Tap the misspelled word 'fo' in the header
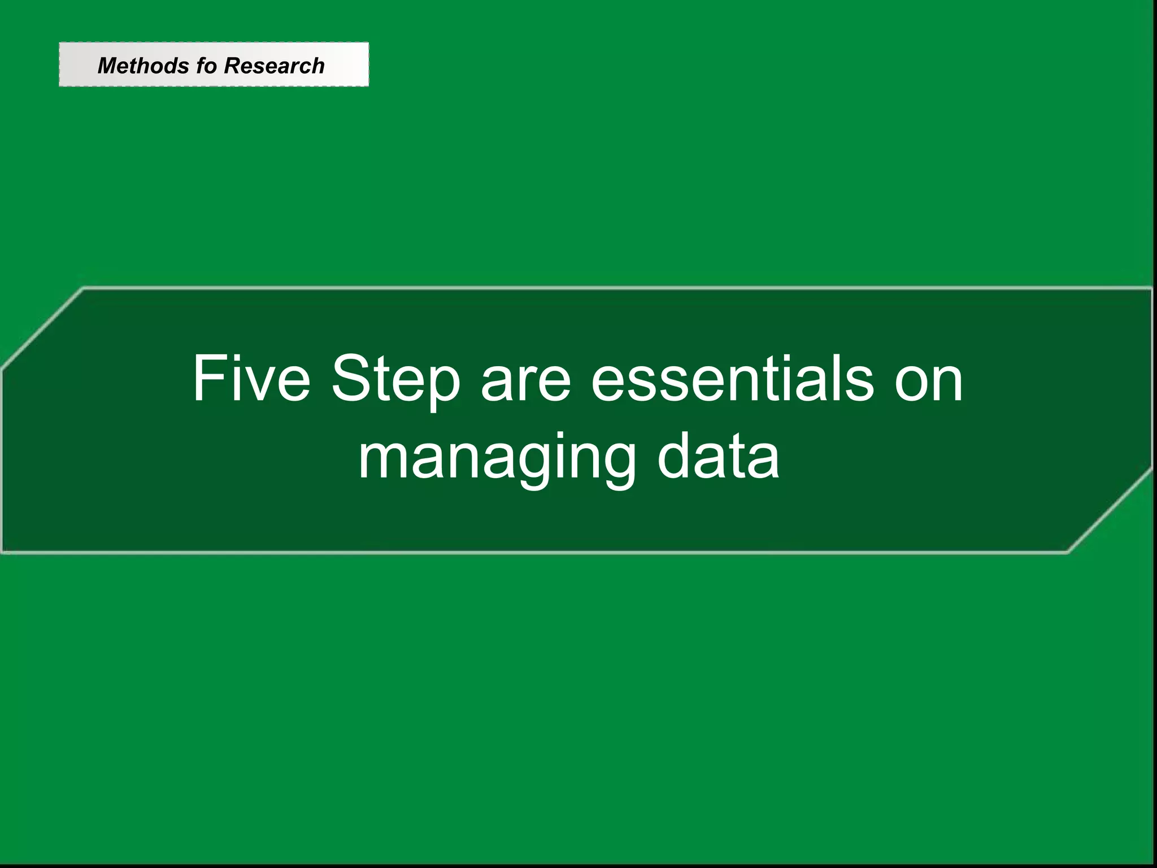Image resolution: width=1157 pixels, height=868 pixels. click(x=206, y=66)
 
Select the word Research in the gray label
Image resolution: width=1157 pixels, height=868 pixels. click(x=274, y=66)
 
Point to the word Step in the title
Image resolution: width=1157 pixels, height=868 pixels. click(x=395, y=380)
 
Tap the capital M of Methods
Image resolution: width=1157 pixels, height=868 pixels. click(x=107, y=66)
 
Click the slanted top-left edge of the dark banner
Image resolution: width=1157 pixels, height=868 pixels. click(x=42, y=328)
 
